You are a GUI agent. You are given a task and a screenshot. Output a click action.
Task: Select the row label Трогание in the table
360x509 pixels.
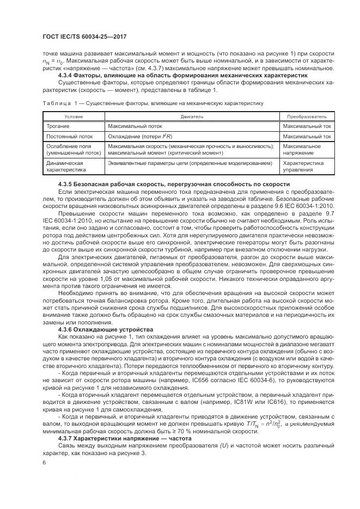pyautogui.click(x=58, y=126)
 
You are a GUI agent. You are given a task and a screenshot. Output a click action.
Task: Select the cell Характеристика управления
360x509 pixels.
pyautogui.click(x=303, y=166)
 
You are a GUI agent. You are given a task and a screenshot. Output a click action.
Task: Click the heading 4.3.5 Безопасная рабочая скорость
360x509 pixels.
pyautogui.click(x=173, y=185)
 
